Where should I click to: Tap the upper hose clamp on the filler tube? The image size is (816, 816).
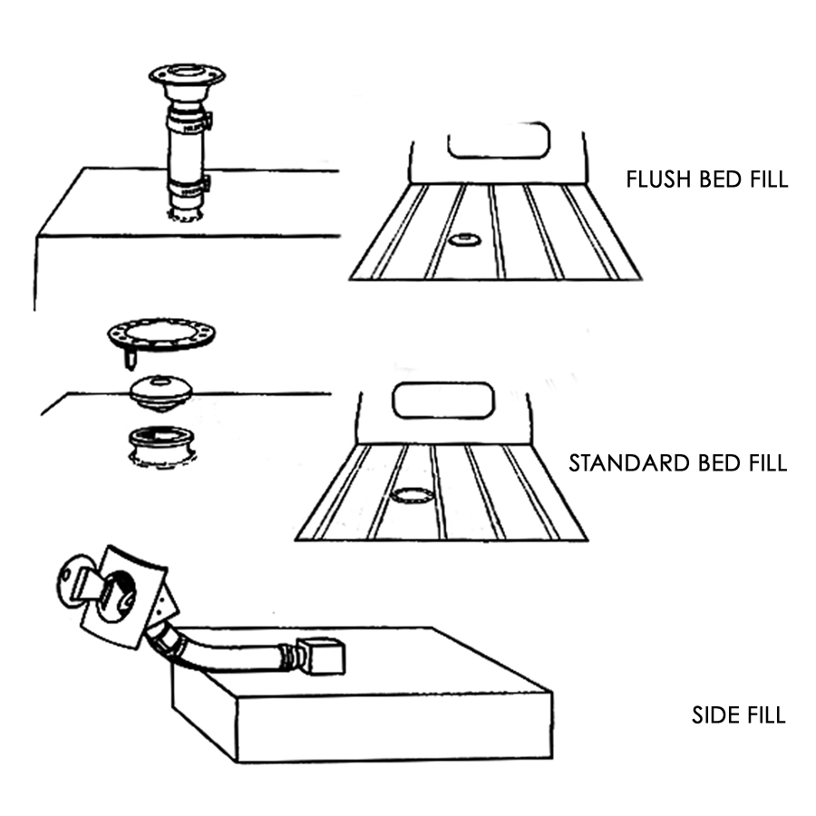pyautogui.click(x=187, y=121)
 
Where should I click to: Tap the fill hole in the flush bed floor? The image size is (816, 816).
pyautogui.click(x=464, y=239)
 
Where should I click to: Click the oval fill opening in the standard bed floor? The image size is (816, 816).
pyautogui.click(x=412, y=495)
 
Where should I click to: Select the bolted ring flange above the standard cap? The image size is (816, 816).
pyautogui.click(x=160, y=333)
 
